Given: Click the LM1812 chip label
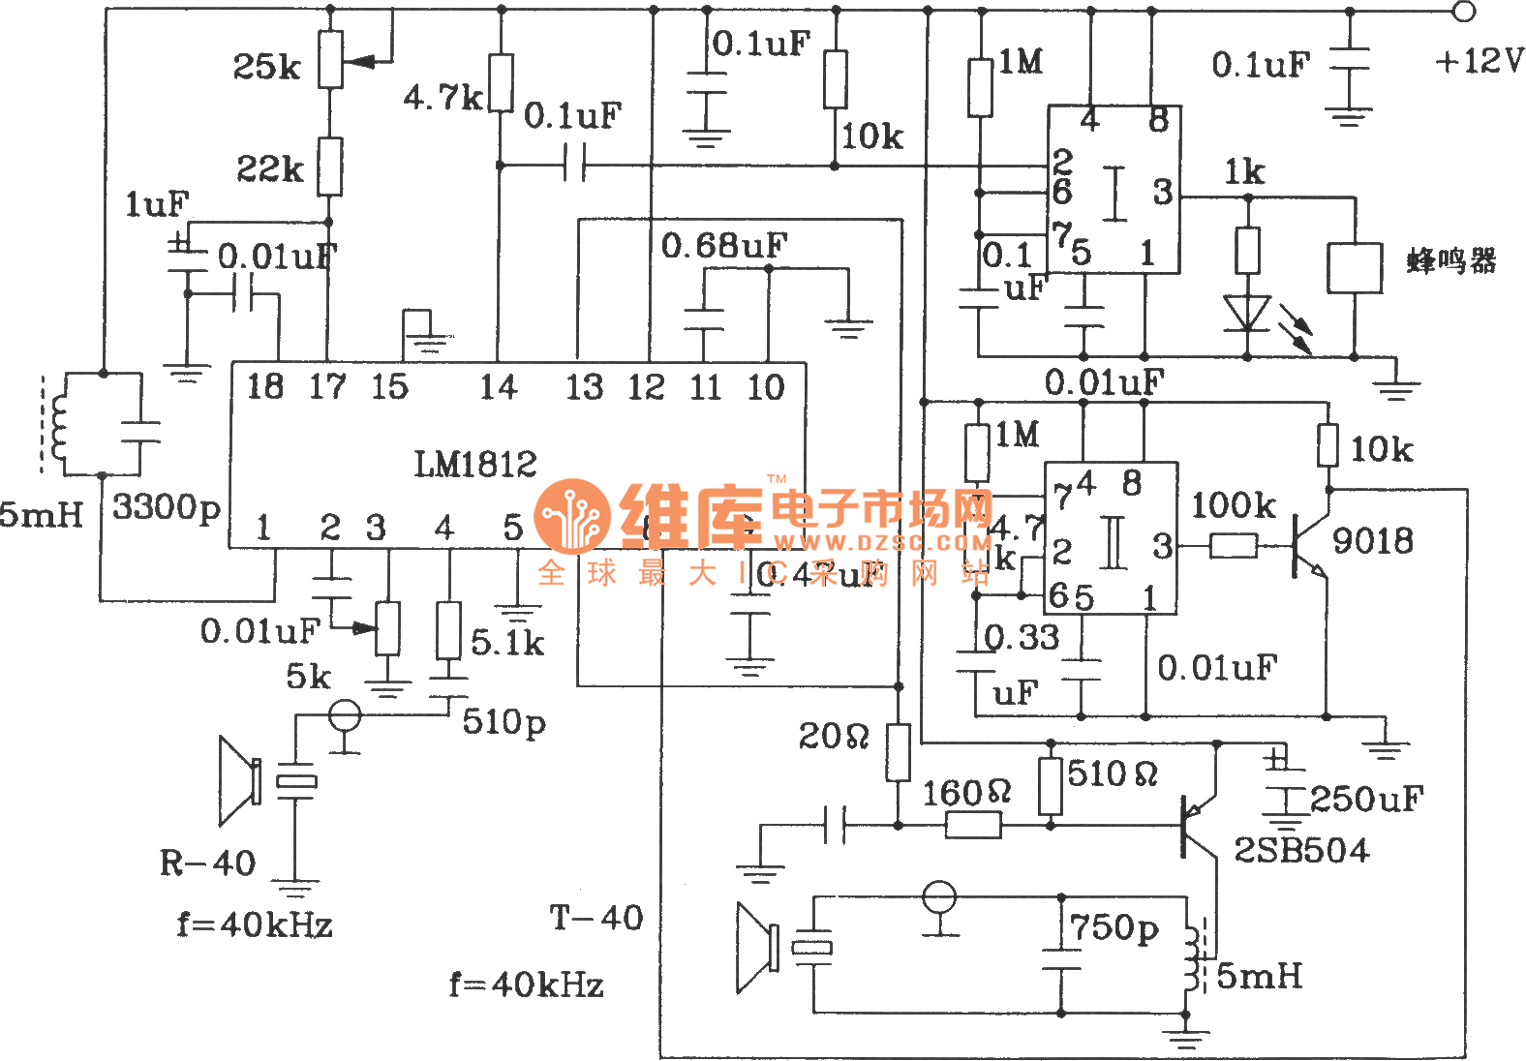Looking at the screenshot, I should click(475, 465).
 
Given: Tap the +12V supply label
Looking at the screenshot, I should click(1479, 61).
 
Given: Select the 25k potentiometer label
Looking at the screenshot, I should click(266, 67).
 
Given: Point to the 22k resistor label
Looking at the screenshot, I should click(270, 169).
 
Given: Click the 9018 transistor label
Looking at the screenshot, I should click(1373, 540).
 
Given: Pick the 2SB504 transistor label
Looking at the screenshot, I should click(1301, 850).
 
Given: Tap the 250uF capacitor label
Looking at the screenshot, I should click(1366, 800).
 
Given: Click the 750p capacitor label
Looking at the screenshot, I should click(1114, 928).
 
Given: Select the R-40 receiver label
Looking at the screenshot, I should click(207, 863).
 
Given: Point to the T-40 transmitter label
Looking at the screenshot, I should click(596, 918).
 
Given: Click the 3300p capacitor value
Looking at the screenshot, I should click(167, 506).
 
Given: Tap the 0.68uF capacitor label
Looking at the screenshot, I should click(723, 246).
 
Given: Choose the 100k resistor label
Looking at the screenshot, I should click(1233, 505).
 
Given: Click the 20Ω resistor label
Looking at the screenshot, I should click(834, 737).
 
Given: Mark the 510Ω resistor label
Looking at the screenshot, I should click(1113, 774).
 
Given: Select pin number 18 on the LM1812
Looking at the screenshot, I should click(264, 387).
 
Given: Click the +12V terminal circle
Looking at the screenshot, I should click(1464, 12).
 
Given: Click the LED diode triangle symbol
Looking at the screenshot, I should click(1246, 313).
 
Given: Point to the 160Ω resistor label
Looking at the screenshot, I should click(966, 794).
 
